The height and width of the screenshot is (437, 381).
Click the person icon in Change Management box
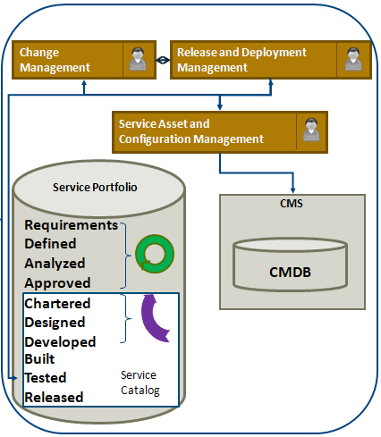click(138, 59)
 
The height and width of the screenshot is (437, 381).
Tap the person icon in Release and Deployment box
click(353, 59)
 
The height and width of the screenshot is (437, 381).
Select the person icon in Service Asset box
click(311, 130)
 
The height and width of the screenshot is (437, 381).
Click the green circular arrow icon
click(155, 254)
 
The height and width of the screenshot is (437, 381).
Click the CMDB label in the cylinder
click(290, 272)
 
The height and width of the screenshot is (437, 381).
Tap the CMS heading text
click(292, 204)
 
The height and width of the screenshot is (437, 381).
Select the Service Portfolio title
click(95, 188)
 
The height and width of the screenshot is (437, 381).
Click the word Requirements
click(72, 225)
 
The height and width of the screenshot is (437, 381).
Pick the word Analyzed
click(55, 264)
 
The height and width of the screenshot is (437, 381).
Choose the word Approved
click(57, 283)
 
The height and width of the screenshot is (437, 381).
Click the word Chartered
click(57, 304)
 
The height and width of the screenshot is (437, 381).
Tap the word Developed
click(60, 342)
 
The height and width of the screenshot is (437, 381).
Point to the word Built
click(39, 359)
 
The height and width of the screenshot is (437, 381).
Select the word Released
click(54, 398)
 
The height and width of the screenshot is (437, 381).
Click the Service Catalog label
click(140, 383)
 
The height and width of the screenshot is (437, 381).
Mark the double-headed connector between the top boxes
click(163, 60)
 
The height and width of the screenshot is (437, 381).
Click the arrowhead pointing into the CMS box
click(292, 190)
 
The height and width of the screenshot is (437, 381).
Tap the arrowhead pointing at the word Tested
click(14, 378)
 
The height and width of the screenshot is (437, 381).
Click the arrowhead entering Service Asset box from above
click(220, 107)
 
